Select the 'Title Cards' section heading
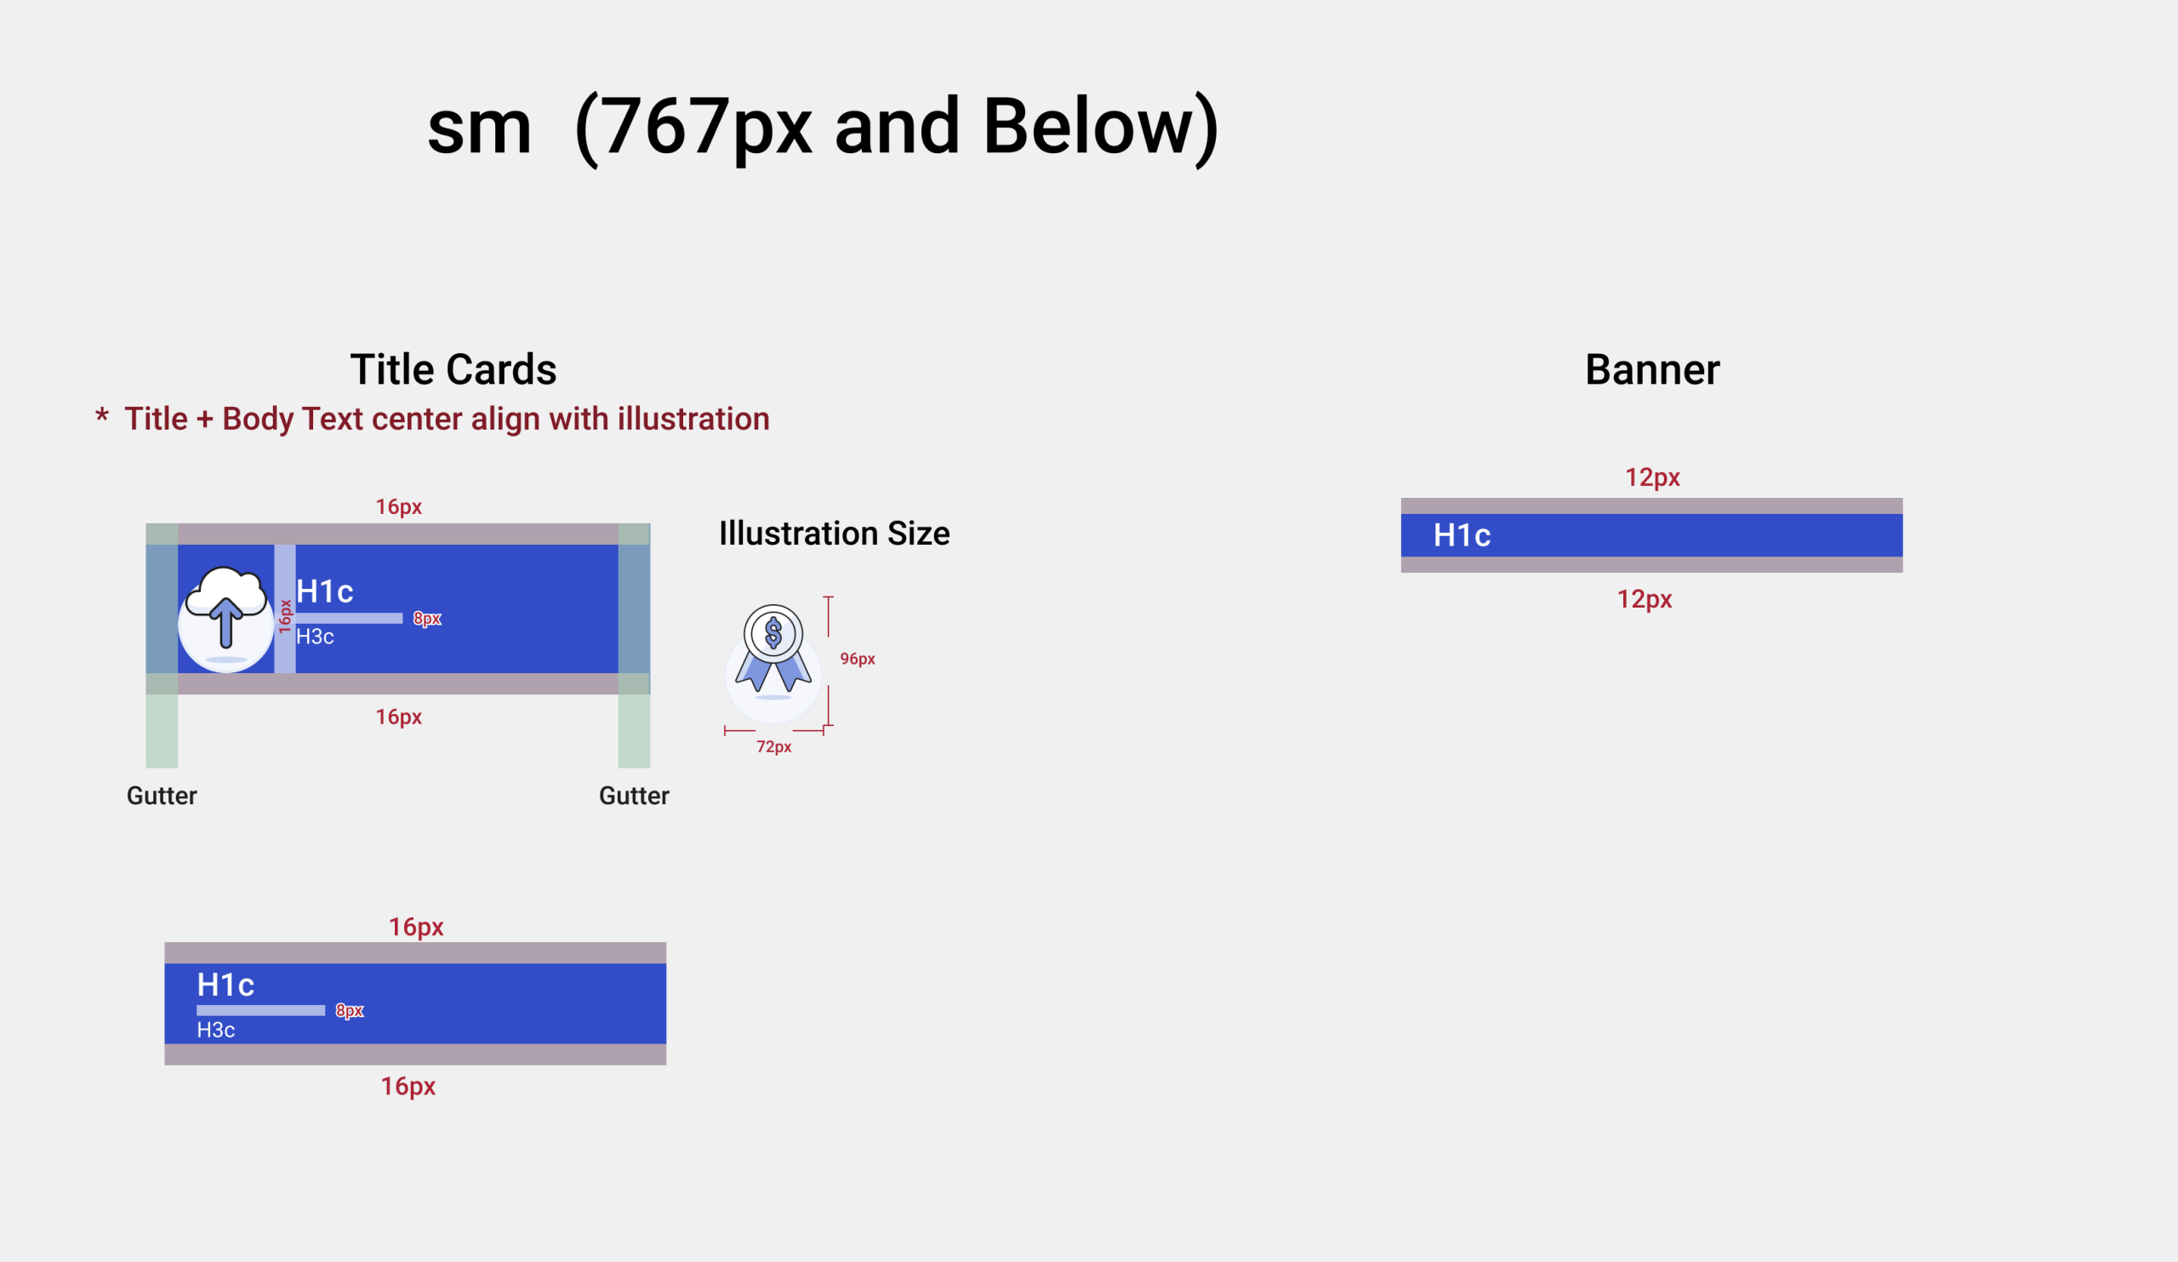coord(453,370)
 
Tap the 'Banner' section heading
coord(1651,370)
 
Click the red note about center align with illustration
coord(432,419)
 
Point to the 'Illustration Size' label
coord(834,534)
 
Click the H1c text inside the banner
coord(1462,536)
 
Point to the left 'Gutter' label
coord(162,797)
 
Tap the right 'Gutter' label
coord(634,797)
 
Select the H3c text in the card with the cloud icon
coord(315,637)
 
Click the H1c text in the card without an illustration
coord(225,985)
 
